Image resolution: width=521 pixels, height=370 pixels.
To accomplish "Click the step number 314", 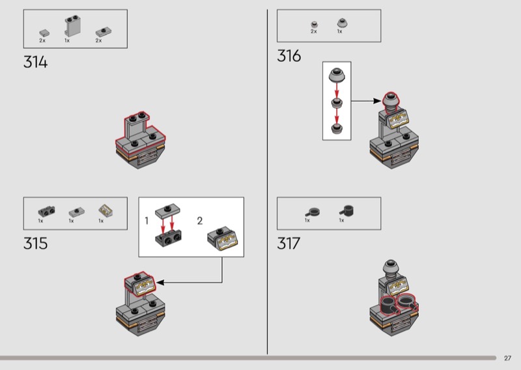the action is [x=36, y=62].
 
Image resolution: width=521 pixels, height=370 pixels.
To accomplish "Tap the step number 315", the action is [x=36, y=244].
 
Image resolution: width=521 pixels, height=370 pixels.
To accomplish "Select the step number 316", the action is [x=289, y=56].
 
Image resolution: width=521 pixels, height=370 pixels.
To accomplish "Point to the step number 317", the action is [x=289, y=244].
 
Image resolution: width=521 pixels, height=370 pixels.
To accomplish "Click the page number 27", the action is [x=507, y=358].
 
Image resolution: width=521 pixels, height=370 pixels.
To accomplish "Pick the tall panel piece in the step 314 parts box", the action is [x=72, y=25].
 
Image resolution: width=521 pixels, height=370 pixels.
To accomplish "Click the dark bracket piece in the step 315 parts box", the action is [x=46, y=212].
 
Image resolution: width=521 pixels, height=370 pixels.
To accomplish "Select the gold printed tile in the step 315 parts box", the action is [x=106, y=210].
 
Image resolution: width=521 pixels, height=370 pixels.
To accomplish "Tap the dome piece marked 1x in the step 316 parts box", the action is [x=343, y=23].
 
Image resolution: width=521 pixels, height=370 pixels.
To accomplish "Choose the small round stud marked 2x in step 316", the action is [x=315, y=25].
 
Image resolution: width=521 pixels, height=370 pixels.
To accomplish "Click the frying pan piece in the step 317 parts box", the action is [x=313, y=212].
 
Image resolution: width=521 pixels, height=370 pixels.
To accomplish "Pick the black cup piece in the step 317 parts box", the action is [x=347, y=210].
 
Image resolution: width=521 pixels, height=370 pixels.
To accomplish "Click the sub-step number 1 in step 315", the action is [x=147, y=221].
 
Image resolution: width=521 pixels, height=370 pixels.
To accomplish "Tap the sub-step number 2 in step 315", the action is [x=200, y=221].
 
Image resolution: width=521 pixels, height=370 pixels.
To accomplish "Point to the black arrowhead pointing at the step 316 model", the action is [x=377, y=101].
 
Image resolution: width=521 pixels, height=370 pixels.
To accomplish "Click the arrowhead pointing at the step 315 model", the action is [x=160, y=283].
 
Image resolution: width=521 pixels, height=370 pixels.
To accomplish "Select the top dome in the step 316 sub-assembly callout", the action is [x=337, y=75].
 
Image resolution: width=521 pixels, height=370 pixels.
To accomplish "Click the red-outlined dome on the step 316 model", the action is [x=391, y=100].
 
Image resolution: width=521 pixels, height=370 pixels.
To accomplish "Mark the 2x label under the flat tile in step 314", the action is [x=42, y=40].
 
